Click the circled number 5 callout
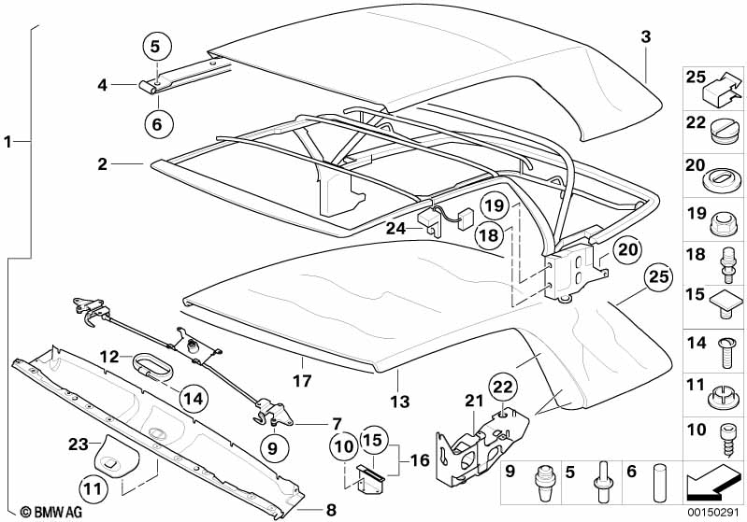click(x=157, y=47)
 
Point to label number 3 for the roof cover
click(x=645, y=36)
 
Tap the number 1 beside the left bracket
click(x=7, y=141)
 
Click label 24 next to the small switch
click(x=395, y=229)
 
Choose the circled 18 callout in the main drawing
click(x=489, y=235)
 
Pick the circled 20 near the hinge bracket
click(x=627, y=248)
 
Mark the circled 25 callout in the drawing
click(x=659, y=276)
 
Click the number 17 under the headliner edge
click(x=302, y=381)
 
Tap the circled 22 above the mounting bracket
click(x=503, y=387)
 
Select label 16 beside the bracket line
click(x=420, y=460)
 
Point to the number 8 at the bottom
click(x=331, y=510)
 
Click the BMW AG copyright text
click(x=51, y=512)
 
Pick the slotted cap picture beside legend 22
click(x=724, y=131)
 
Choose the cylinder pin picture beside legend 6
click(x=660, y=482)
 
